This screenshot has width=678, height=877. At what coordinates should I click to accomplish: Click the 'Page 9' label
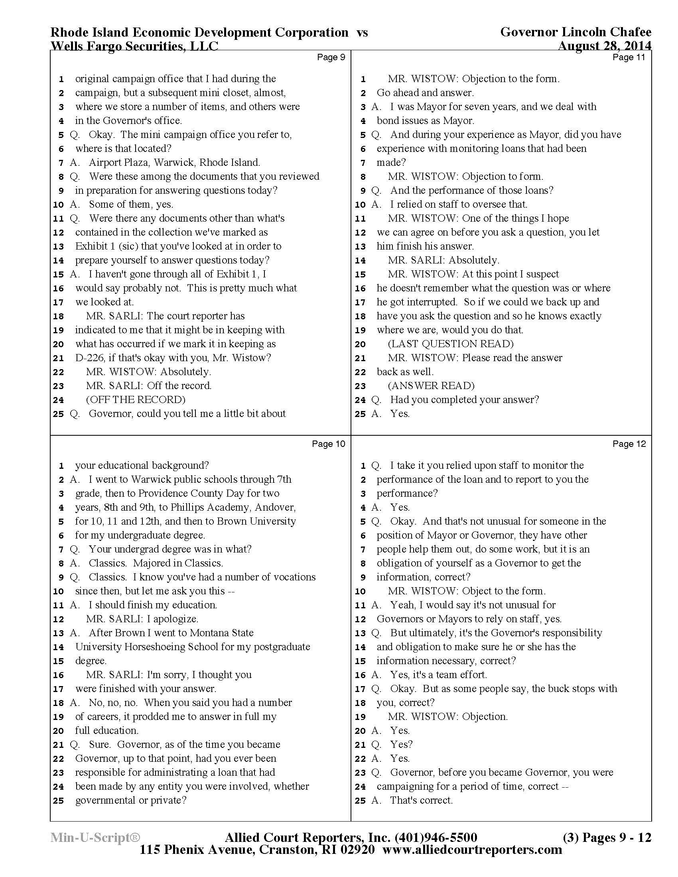click(x=331, y=57)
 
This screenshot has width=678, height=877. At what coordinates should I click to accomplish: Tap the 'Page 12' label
click(x=629, y=444)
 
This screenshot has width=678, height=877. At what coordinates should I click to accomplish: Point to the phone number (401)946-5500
click(x=436, y=837)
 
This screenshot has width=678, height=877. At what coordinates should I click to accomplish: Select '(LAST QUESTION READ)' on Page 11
click(x=451, y=344)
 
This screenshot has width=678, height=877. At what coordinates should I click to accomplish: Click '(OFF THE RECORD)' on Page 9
click(x=135, y=399)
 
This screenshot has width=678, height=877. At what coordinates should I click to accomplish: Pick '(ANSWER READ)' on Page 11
click(x=431, y=385)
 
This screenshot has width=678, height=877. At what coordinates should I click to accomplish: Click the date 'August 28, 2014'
click(x=605, y=46)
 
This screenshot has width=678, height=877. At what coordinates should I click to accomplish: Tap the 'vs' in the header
click(x=362, y=32)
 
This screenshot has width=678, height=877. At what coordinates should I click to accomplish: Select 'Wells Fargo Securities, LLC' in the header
click(x=134, y=46)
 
